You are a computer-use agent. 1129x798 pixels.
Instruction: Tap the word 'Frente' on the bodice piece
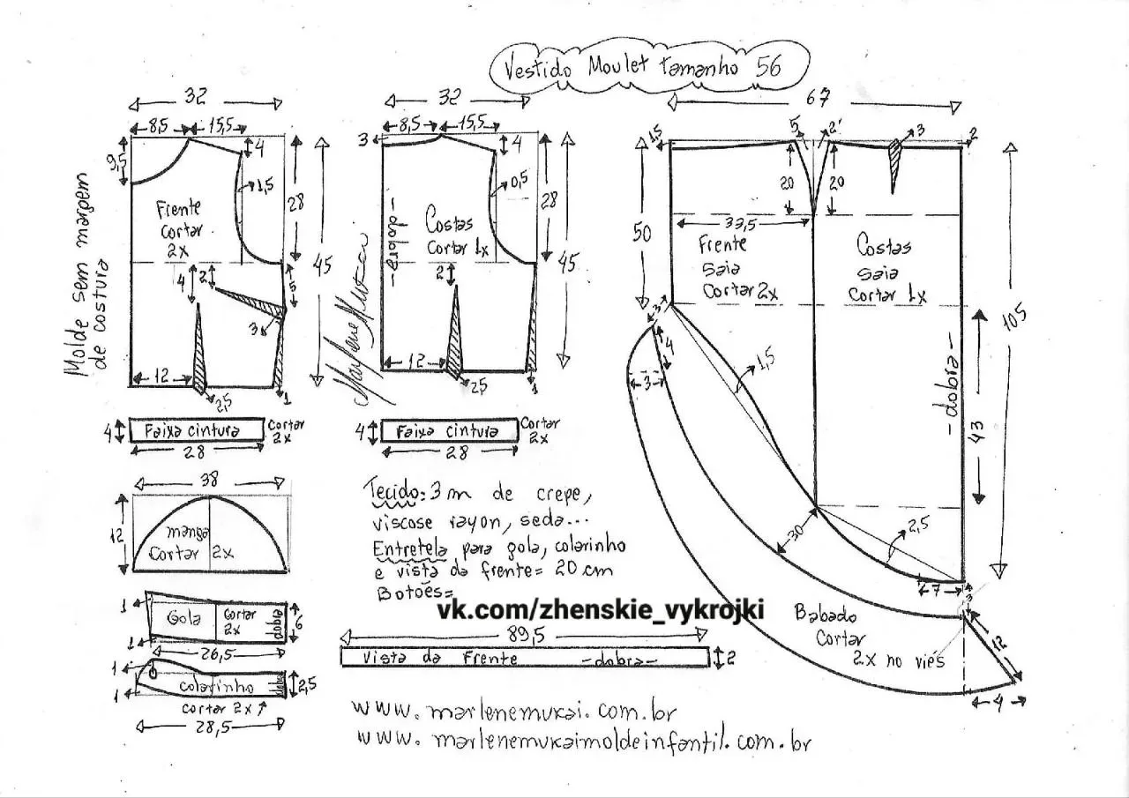178,209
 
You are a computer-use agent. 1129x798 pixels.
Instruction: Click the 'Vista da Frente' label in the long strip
440,658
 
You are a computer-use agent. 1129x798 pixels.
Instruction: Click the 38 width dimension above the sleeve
209,481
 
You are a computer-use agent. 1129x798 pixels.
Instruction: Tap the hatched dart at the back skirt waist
897,164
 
